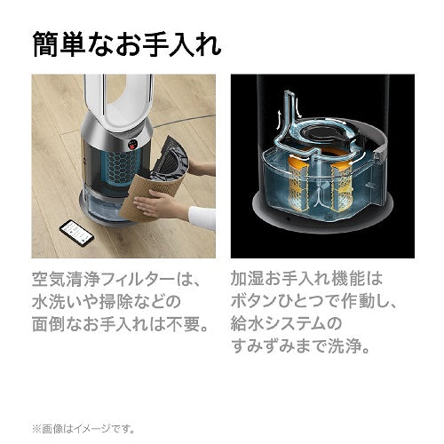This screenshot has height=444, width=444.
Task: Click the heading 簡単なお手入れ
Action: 127,44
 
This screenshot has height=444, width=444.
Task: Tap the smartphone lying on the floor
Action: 76,233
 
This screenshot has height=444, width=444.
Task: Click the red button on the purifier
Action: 132,145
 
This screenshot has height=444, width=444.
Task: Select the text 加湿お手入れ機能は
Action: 306,279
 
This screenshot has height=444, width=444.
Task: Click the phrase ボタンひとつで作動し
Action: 308,302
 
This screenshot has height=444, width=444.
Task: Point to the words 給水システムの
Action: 286,324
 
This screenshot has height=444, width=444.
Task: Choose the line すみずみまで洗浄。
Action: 300,346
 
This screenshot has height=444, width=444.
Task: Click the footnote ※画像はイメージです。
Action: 83,428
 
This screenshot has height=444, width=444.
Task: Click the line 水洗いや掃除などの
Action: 107,302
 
